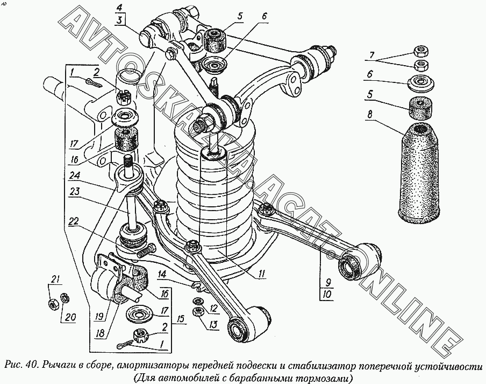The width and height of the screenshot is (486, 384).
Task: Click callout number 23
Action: click(x=74, y=192)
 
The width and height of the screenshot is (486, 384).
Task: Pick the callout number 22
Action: click(x=74, y=222)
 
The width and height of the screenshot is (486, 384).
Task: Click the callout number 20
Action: click(x=70, y=317)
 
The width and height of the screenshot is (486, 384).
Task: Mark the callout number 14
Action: click(x=161, y=274)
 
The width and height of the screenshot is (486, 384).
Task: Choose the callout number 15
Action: click(x=180, y=319)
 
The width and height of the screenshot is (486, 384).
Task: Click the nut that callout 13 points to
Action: click(x=197, y=311)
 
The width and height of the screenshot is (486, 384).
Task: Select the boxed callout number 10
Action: click(x=328, y=294)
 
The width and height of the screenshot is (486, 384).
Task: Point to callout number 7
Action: click(x=372, y=55)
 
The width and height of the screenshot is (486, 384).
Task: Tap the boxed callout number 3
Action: click(x=120, y=20)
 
